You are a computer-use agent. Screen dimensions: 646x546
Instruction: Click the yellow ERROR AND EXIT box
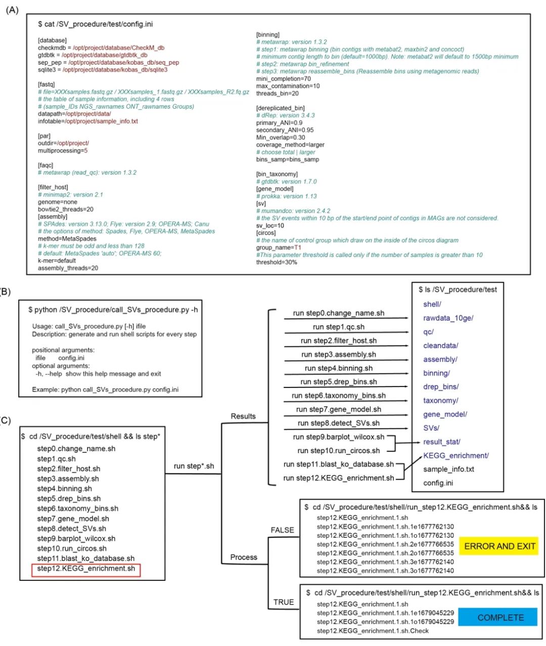click(499, 546)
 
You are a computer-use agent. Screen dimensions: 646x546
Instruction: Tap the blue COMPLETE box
click(497, 618)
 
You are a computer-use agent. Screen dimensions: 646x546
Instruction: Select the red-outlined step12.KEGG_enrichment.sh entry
click(86, 569)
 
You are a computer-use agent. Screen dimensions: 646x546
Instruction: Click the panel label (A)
click(12, 10)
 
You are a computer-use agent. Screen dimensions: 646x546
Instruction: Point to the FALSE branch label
click(282, 530)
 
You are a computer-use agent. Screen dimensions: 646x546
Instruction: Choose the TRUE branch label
click(284, 602)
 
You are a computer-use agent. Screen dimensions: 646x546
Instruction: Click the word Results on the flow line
click(243, 416)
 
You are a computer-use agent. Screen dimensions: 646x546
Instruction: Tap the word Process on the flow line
click(244, 557)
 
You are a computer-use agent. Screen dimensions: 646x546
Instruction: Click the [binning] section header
click(267, 35)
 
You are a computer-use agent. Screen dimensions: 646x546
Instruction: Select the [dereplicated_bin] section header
click(280, 108)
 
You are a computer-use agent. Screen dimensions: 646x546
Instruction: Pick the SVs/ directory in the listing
click(431, 428)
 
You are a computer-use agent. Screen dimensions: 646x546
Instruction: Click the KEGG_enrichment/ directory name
click(456, 455)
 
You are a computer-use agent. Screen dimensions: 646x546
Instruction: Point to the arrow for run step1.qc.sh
click(346, 332)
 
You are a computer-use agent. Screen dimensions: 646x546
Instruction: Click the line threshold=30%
click(277, 262)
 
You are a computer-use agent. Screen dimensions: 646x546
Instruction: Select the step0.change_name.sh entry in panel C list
click(76, 449)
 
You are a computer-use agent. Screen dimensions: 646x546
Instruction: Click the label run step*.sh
click(194, 466)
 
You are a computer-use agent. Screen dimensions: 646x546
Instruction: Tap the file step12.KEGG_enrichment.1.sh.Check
click(373, 631)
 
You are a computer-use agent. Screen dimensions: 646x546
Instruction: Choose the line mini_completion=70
click(283, 78)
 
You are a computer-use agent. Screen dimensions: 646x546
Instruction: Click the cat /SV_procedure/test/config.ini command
click(96, 24)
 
